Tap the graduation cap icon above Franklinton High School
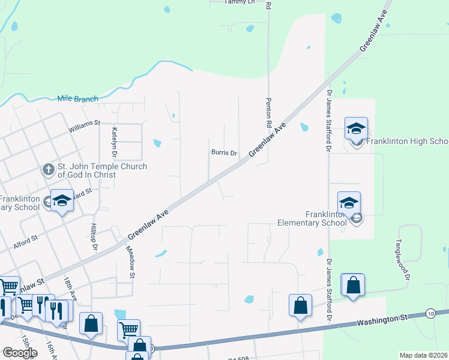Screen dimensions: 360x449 pos(356,128)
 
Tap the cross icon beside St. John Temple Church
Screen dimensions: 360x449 pos(49,170)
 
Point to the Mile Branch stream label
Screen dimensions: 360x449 pos(77,98)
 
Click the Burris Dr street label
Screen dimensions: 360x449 pos(224,153)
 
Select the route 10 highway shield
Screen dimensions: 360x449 pos(430,313)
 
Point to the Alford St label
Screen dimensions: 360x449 pos(25,239)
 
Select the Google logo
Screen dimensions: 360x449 pos(20,353)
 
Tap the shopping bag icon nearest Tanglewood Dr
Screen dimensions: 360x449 pos(354,285)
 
